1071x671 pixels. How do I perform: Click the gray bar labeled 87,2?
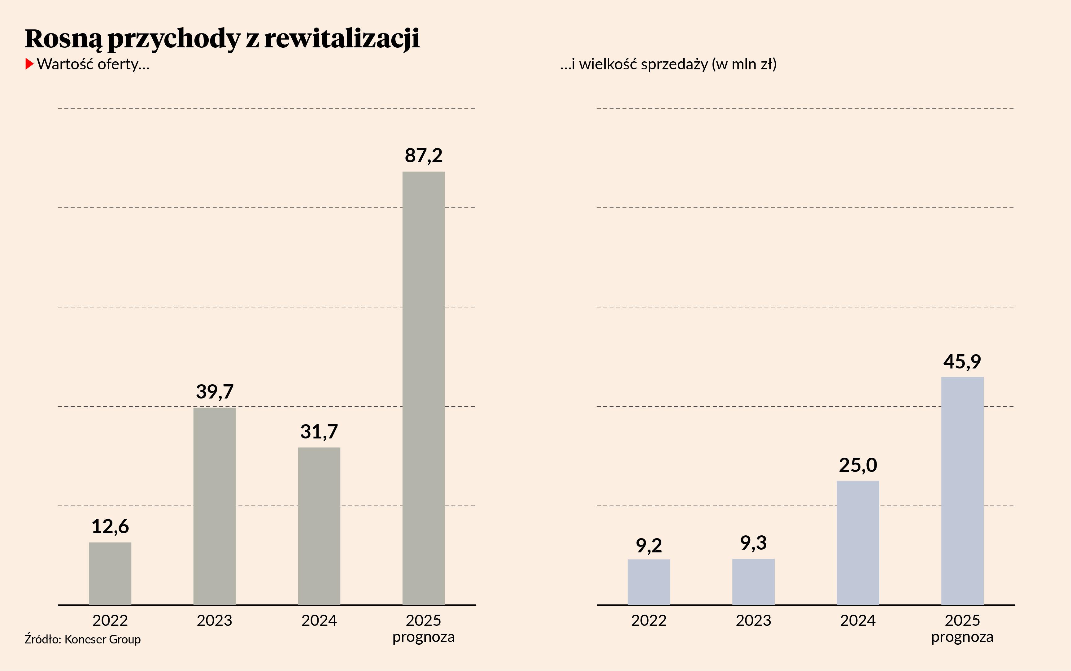pos(423,388)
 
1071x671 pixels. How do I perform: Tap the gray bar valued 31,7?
pos(319,526)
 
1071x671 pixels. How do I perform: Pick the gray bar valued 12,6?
pos(110,573)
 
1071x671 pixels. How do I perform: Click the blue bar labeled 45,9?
pos(962,491)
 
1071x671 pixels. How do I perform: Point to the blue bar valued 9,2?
pos(649,582)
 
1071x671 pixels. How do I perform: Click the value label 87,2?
pos(423,156)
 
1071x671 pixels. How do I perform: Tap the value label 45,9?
pos(962,362)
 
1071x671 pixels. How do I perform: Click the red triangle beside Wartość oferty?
pos(29,64)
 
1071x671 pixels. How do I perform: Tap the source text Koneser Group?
pos(102,639)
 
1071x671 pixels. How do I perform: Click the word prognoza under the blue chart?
pos(962,637)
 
